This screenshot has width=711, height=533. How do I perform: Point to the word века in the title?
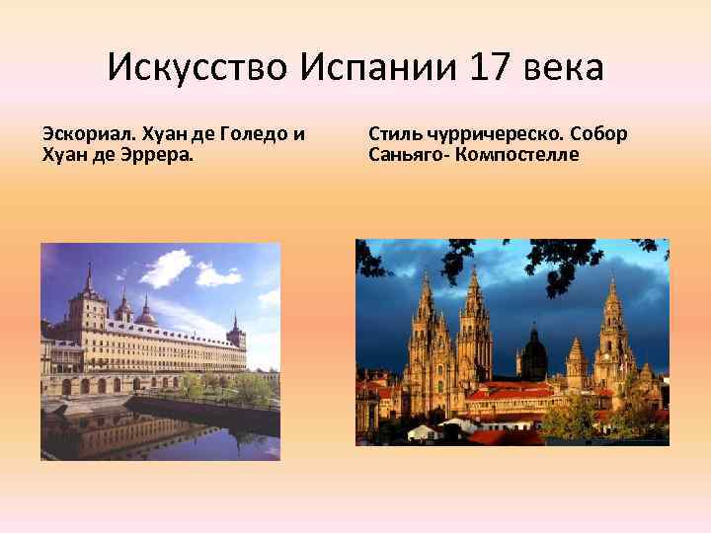pos(558,68)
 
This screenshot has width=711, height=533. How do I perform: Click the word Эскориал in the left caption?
pos(86,133)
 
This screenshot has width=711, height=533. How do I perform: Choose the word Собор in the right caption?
pos(598,133)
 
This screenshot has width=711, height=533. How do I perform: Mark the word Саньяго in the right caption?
pos(406,154)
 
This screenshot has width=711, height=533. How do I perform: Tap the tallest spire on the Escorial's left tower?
pos(89,281)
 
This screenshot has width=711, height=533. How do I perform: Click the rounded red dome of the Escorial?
pos(146,316)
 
